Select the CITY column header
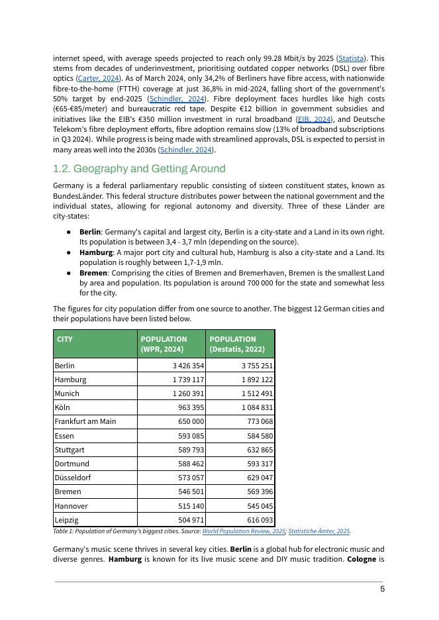[x=65, y=339]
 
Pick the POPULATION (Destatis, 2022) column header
[x=237, y=344]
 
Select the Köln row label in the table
[x=62, y=407]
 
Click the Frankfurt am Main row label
[x=85, y=421]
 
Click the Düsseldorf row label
[x=73, y=478]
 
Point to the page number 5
[x=382, y=589]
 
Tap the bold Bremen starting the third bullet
[x=93, y=273]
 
